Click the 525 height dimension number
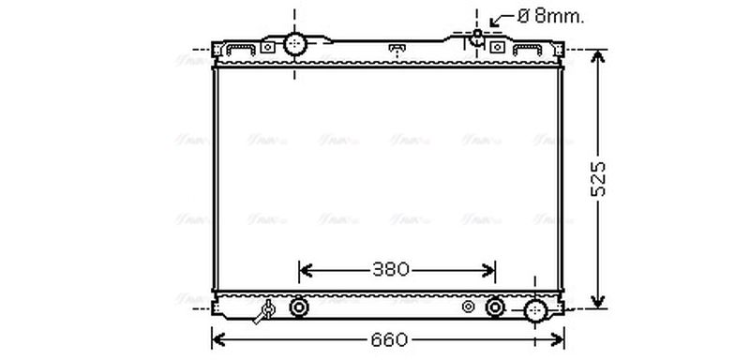pos(600,178)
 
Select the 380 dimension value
pos(391,271)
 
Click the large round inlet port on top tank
pos(296,43)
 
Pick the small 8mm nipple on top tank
pos(477,37)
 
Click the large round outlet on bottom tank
pos(535,310)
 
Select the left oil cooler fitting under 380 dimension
pos(300,307)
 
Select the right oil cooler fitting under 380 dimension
pos(496,307)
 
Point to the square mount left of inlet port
pos(268,46)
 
